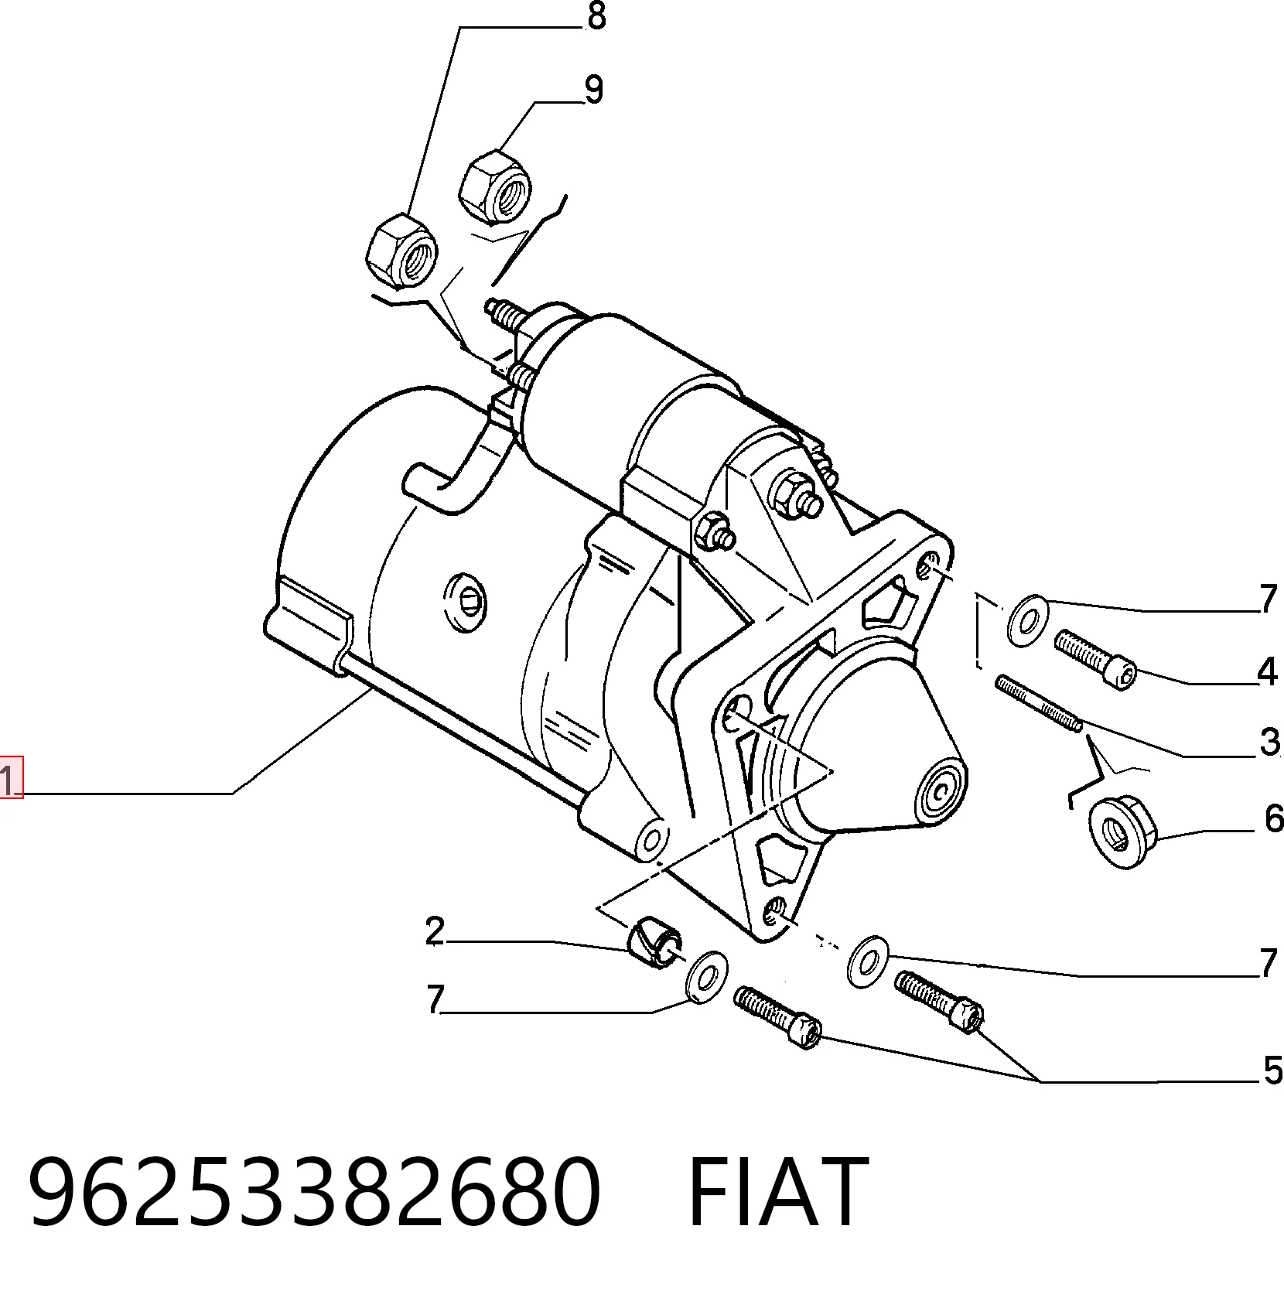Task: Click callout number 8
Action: [x=596, y=16]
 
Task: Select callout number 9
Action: [x=593, y=90]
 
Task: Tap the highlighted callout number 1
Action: [x=11, y=777]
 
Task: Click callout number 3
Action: [x=1269, y=742]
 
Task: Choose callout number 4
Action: [x=1267, y=671]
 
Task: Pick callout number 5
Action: [x=1273, y=1071]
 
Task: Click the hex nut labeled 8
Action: [x=401, y=251]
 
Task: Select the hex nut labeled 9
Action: [x=494, y=186]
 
